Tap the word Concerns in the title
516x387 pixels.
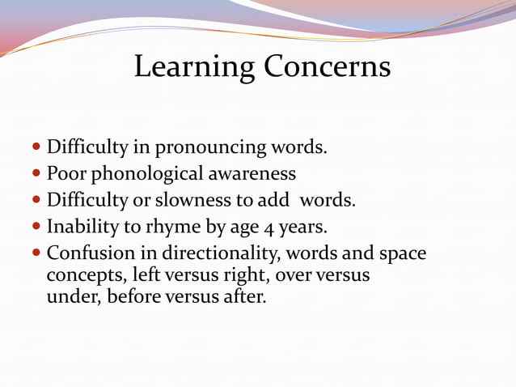tap(327, 67)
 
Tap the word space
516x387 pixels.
tap(402, 253)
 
